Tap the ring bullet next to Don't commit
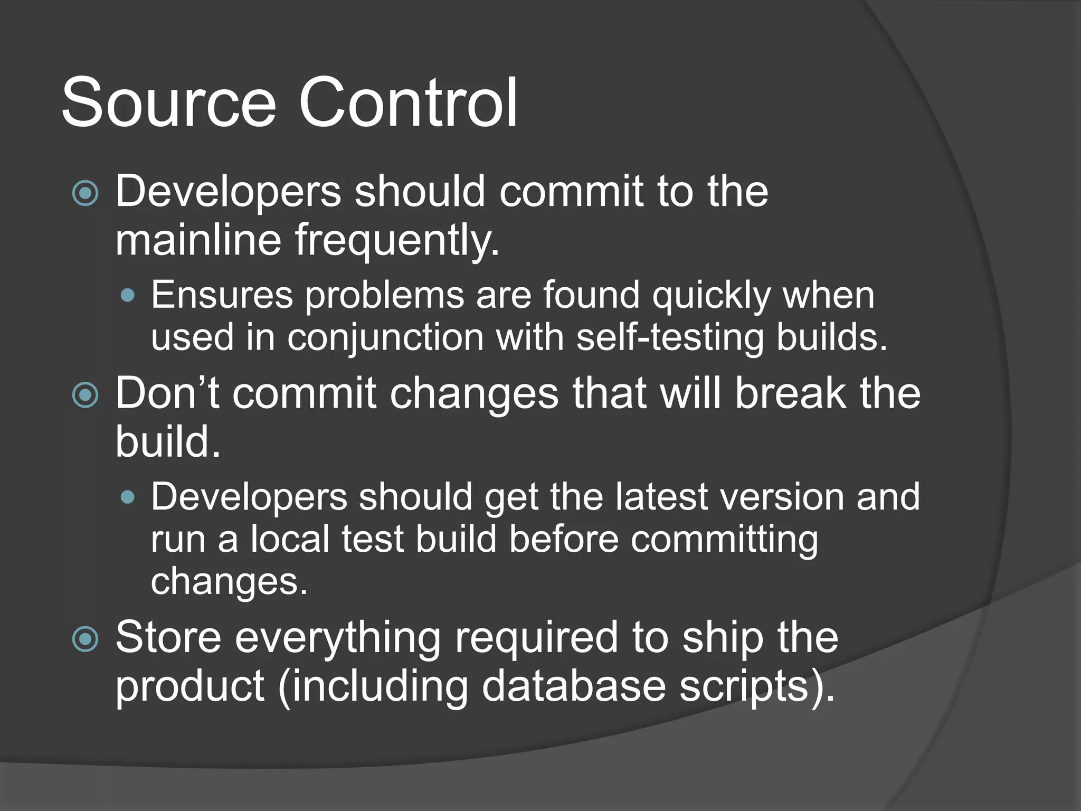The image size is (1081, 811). pyautogui.click(x=85, y=395)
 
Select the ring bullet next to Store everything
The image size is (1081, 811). pyautogui.click(x=85, y=639)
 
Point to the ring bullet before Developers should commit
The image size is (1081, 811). pyautogui.click(x=85, y=193)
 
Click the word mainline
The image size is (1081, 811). pyautogui.click(x=198, y=240)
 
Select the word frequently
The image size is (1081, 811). pyautogui.click(x=396, y=240)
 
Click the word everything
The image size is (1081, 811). pyautogui.click(x=338, y=638)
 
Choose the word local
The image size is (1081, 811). pyautogui.click(x=290, y=539)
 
